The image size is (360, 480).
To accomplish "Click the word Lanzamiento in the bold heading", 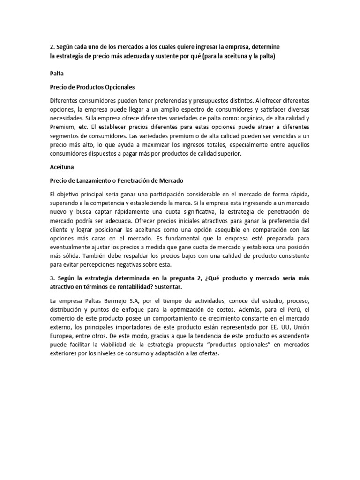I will pyautogui.click(x=97, y=180).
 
